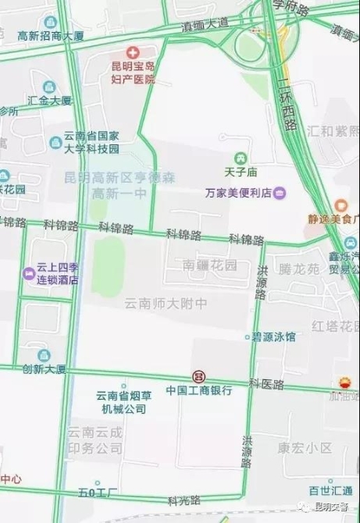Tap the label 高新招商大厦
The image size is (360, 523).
tap(50, 36)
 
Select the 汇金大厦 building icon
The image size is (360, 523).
tap(49, 86)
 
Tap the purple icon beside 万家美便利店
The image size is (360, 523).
tap(279, 193)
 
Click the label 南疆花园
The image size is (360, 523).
tap(209, 265)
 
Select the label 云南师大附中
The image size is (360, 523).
tap(167, 302)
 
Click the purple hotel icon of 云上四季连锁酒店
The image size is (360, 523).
tap(29, 273)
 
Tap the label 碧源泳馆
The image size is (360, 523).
tap(275, 337)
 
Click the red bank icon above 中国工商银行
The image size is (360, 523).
tap(199, 376)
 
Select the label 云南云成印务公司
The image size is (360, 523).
tap(94, 440)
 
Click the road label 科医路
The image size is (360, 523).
tap(266, 385)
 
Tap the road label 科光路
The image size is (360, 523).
tap(184, 500)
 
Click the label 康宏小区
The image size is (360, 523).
tap(305, 448)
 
